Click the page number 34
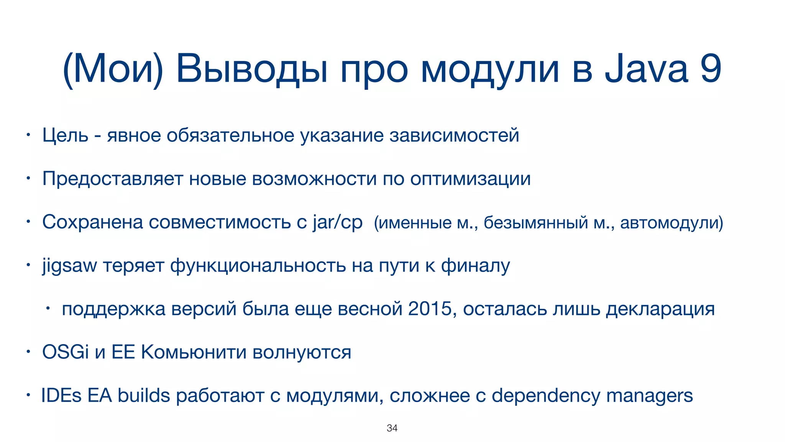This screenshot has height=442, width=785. tap(392, 428)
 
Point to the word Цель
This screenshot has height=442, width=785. tap(65, 135)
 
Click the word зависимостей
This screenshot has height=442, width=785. tap(454, 135)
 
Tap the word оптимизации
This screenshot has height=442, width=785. tap(470, 179)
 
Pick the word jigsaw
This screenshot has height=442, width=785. tap(69, 266)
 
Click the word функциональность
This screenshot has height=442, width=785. tap(258, 266)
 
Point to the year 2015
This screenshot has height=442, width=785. tap(430, 309)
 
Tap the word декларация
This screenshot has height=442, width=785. tap(660, 309)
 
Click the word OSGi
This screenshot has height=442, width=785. tap(65, 352)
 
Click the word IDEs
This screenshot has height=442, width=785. tap(61, 396)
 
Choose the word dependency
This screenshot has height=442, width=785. tap(546, 396)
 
